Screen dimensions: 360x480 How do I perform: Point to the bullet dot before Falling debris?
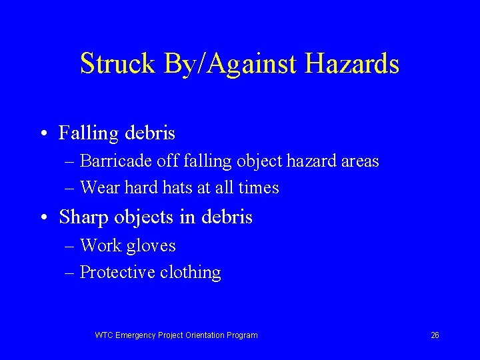tap(42, 134)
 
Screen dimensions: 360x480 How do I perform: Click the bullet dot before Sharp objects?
tap(42, 218)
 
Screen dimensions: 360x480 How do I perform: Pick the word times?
tap(259, 188)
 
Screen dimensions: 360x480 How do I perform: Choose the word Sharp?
tap(81, 217)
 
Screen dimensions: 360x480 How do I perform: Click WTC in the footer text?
tap(104, 335)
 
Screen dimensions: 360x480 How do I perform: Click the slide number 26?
tap(435, 335)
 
